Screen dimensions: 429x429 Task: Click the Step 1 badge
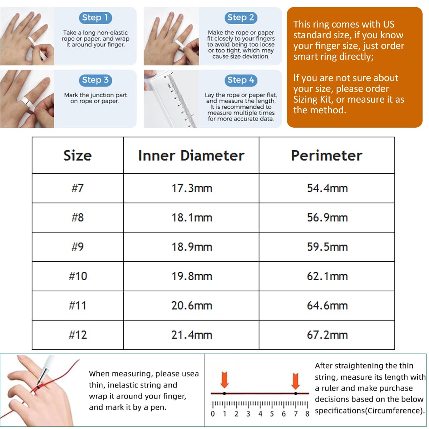95,18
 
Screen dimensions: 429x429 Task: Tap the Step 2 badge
241,18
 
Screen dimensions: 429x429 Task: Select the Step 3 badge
95,80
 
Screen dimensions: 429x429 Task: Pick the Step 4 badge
241,80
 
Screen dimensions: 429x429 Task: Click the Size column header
78,155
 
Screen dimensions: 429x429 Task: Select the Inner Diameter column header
191,155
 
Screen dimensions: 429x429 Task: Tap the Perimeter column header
327,155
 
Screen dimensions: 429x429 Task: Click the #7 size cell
78,188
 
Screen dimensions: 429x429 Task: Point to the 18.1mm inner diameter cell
192,217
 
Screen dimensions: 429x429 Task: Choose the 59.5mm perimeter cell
327,247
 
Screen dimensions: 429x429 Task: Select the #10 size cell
78,276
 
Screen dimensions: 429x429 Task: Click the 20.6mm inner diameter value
192,305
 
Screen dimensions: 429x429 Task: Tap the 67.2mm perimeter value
327,335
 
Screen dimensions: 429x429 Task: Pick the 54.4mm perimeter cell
327,188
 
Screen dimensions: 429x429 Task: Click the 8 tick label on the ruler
307,414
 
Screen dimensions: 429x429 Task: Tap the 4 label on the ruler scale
260,414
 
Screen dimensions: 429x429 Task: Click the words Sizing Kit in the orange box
313,99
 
